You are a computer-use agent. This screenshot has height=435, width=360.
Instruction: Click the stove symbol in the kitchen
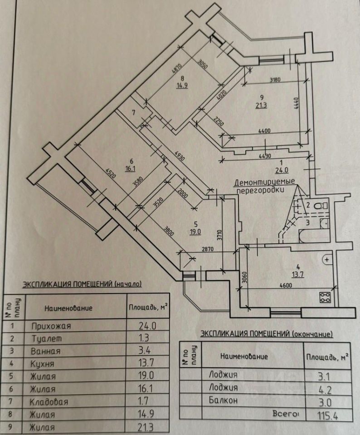[x=325, y=297]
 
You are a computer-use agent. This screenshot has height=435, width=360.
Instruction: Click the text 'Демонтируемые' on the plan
[x=265, y=183]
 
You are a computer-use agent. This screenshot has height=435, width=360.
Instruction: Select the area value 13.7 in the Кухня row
[x=147, y=363]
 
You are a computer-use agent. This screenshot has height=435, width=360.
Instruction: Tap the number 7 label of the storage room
[x=134, y=112]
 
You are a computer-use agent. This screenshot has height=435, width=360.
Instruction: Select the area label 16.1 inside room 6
[x=131, y=168]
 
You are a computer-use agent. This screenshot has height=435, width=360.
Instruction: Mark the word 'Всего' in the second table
[x=286, y=414]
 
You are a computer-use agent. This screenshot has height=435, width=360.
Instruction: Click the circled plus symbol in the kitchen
[x=326, y=259]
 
